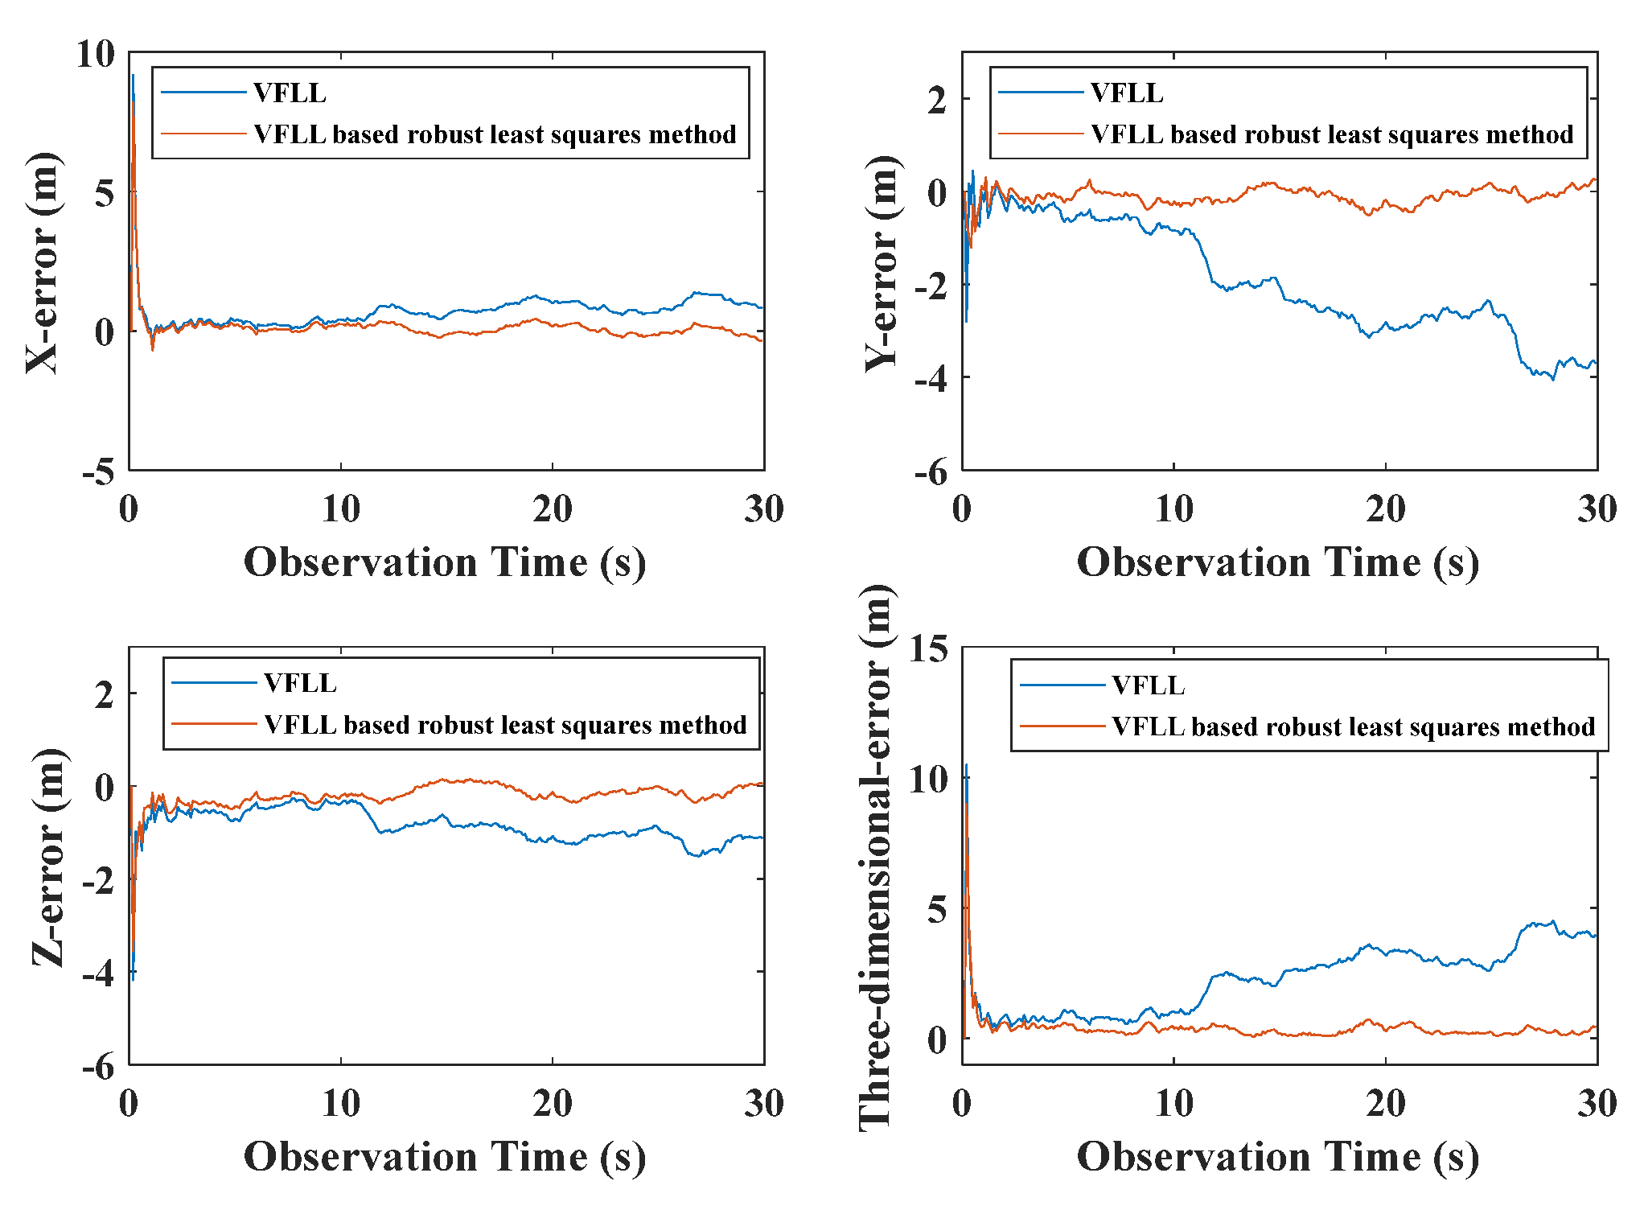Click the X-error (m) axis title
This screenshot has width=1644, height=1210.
point(42,263)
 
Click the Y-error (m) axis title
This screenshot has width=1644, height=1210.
point(882,263)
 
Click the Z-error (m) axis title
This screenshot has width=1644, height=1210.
point(48,857)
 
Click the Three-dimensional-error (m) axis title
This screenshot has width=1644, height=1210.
point(877,857)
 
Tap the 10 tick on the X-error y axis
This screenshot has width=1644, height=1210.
point(96,55)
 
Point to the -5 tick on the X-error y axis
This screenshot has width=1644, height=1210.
point(98,472)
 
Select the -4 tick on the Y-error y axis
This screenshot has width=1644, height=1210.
point(931,379)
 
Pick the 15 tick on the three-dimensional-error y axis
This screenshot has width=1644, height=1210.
point(928,649)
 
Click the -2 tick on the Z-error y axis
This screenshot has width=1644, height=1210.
point(98,881)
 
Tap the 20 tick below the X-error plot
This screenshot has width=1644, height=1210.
point(553,509)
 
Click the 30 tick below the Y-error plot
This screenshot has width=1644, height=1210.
point(1597,509)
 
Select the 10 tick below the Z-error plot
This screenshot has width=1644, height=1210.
point(340,1104)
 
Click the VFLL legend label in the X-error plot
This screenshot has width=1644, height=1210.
point(290,93)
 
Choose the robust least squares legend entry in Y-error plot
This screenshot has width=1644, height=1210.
point(1331,134)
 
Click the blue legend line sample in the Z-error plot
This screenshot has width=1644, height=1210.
point(214,683)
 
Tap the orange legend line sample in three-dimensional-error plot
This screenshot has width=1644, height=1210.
point(1062,726)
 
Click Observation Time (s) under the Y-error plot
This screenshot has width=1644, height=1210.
point(1277,562)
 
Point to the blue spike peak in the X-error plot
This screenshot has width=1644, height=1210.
point(133,76)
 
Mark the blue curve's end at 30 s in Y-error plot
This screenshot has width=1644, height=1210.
point(1596,363)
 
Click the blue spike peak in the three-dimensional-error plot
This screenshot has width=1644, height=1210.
point(966,764)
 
